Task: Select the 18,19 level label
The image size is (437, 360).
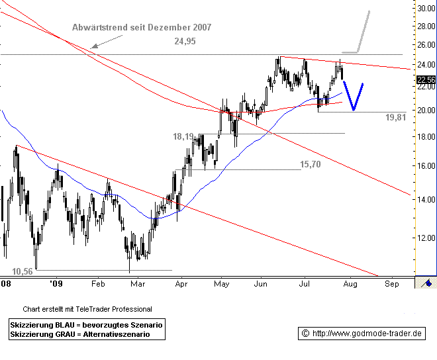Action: point(183,136)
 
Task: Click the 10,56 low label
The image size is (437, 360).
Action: point(23,271)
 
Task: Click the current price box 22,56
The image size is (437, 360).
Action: point(426,80)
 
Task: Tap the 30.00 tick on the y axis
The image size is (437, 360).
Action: point(426,9)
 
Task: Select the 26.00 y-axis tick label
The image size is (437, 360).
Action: point(426,45)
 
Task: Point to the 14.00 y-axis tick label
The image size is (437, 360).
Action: point(426,200)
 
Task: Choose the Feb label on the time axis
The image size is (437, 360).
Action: point(98,283)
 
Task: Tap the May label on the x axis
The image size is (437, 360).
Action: point(221,283)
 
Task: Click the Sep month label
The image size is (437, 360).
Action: point(391,283)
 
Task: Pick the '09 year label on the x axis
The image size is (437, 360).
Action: point(56,283)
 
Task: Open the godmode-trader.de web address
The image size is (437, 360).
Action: point(367,333)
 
